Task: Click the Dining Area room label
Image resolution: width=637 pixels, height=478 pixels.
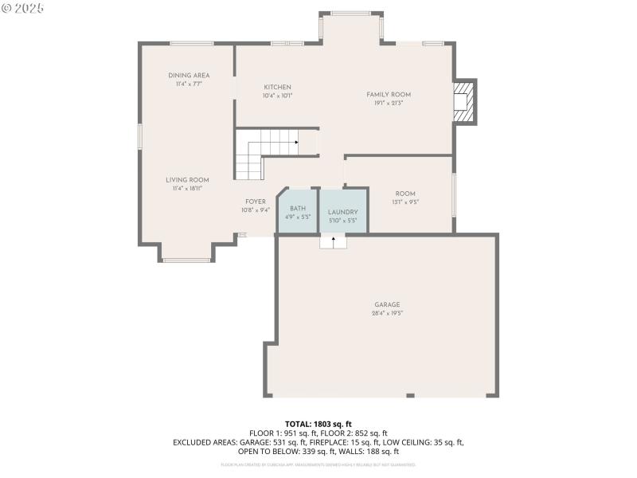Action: click(x=189, y=75)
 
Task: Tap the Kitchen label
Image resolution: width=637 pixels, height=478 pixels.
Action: click(x=277, y=87)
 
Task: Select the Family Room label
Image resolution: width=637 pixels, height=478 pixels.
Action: click(x=389, y=94)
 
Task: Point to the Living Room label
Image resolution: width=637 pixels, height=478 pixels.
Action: click(x=187, y=180)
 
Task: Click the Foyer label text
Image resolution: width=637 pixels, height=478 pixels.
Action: click(x=255, y=202)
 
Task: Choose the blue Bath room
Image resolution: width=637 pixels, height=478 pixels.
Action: click(x=297, y=212)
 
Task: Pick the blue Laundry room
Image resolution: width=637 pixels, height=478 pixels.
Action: click(x=343, y=212)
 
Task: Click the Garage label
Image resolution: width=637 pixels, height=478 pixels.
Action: click(x=387, y=304)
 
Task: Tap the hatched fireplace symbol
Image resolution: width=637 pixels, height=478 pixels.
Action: click(x=462, y=101)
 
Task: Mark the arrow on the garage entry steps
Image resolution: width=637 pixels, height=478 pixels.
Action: click(x=334, y=239)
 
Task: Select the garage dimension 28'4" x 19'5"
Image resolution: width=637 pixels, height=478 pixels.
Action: click(x=387, y=314)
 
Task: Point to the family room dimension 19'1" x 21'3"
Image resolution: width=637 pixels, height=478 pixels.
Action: click(x=389, y=103)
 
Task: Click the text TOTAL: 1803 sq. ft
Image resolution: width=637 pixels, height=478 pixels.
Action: click(x=318, y=424)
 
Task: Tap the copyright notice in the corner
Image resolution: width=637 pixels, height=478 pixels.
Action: click(x=23, y=7)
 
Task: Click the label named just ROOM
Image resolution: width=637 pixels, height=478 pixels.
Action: click(x=405, y=194)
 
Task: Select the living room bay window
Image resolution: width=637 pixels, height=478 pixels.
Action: click(x=187, y=260)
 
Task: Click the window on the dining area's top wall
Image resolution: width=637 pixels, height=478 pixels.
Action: click(x=191, y=43)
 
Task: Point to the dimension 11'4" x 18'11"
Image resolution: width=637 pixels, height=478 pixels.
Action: click(x=187, y=189)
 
